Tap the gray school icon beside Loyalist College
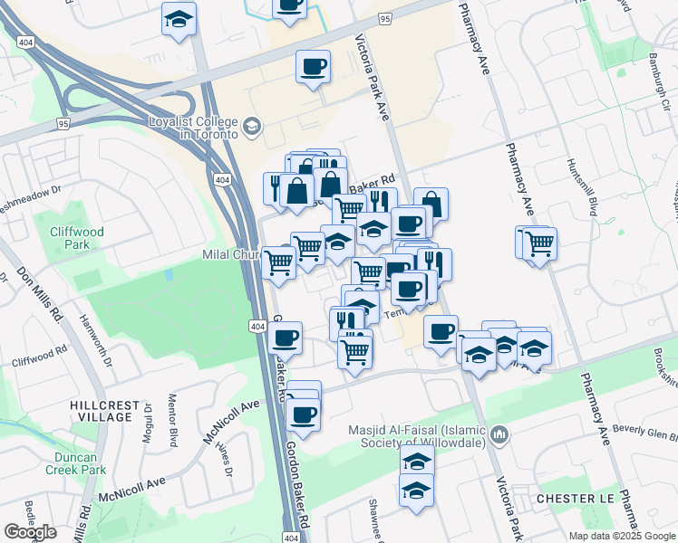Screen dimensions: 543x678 [x=251, y=127]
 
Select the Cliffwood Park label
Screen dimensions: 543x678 [x=77, y=238]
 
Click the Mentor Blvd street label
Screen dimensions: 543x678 [x=172, y=419]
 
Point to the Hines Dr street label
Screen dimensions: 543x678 [x=223, y=461]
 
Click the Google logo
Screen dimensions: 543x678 [x=30, y=532]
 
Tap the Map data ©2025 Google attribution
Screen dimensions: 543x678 [x=622, y=536]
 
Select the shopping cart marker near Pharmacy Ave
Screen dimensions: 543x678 [x=539, y=243]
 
